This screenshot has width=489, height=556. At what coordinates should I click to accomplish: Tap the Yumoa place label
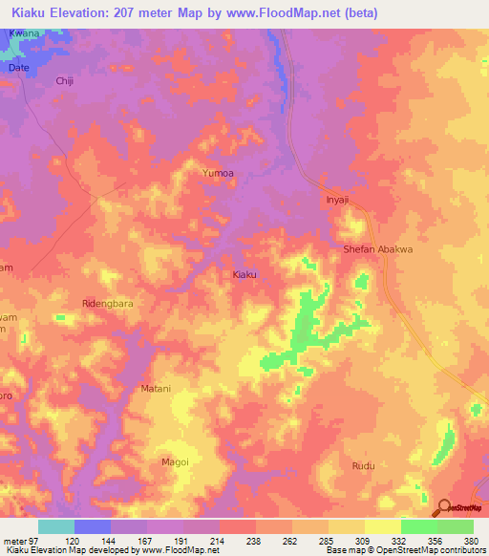coord(218,174)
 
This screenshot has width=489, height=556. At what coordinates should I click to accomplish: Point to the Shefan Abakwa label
coord(378,249)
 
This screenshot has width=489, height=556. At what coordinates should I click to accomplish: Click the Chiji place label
coord(65,82)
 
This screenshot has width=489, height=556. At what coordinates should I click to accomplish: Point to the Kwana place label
coord(23,33)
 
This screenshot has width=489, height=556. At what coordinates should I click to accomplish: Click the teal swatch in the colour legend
coord(55,526)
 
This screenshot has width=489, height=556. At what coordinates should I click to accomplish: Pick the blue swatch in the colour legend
coord(92,526)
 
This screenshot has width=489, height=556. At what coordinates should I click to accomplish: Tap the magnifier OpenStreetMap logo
coord(444,507)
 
